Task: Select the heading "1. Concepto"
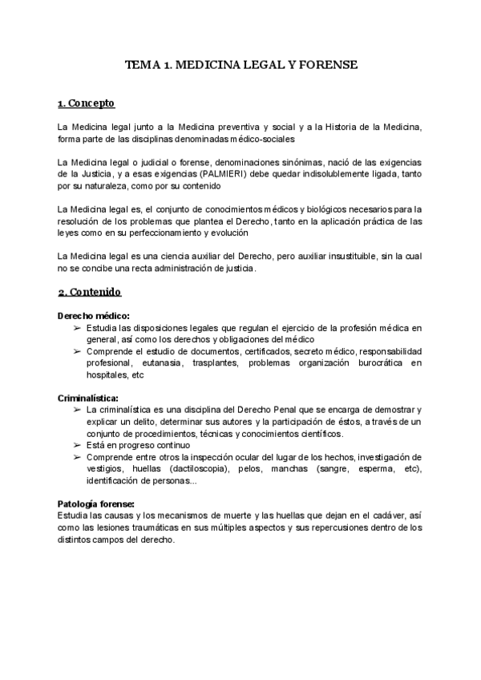(x=87, y=103)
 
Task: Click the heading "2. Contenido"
(x=89, y=293)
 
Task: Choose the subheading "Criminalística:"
(x=88, y=398)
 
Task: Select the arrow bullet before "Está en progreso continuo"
(x=76, y=445)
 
